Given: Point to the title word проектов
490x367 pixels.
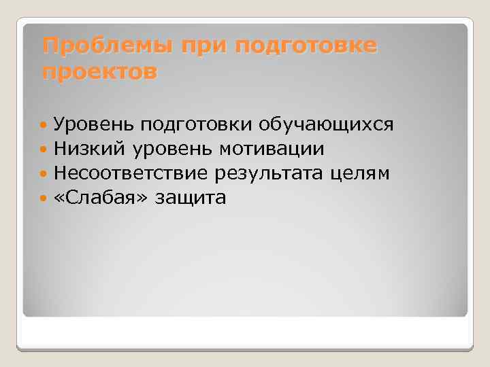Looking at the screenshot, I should pyautogui.click(x=99, y=71).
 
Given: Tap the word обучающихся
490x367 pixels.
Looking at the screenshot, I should pyautogui.click(x=326, y=124).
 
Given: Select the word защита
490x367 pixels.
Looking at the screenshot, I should pyautogui.click(x=191, y=198).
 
